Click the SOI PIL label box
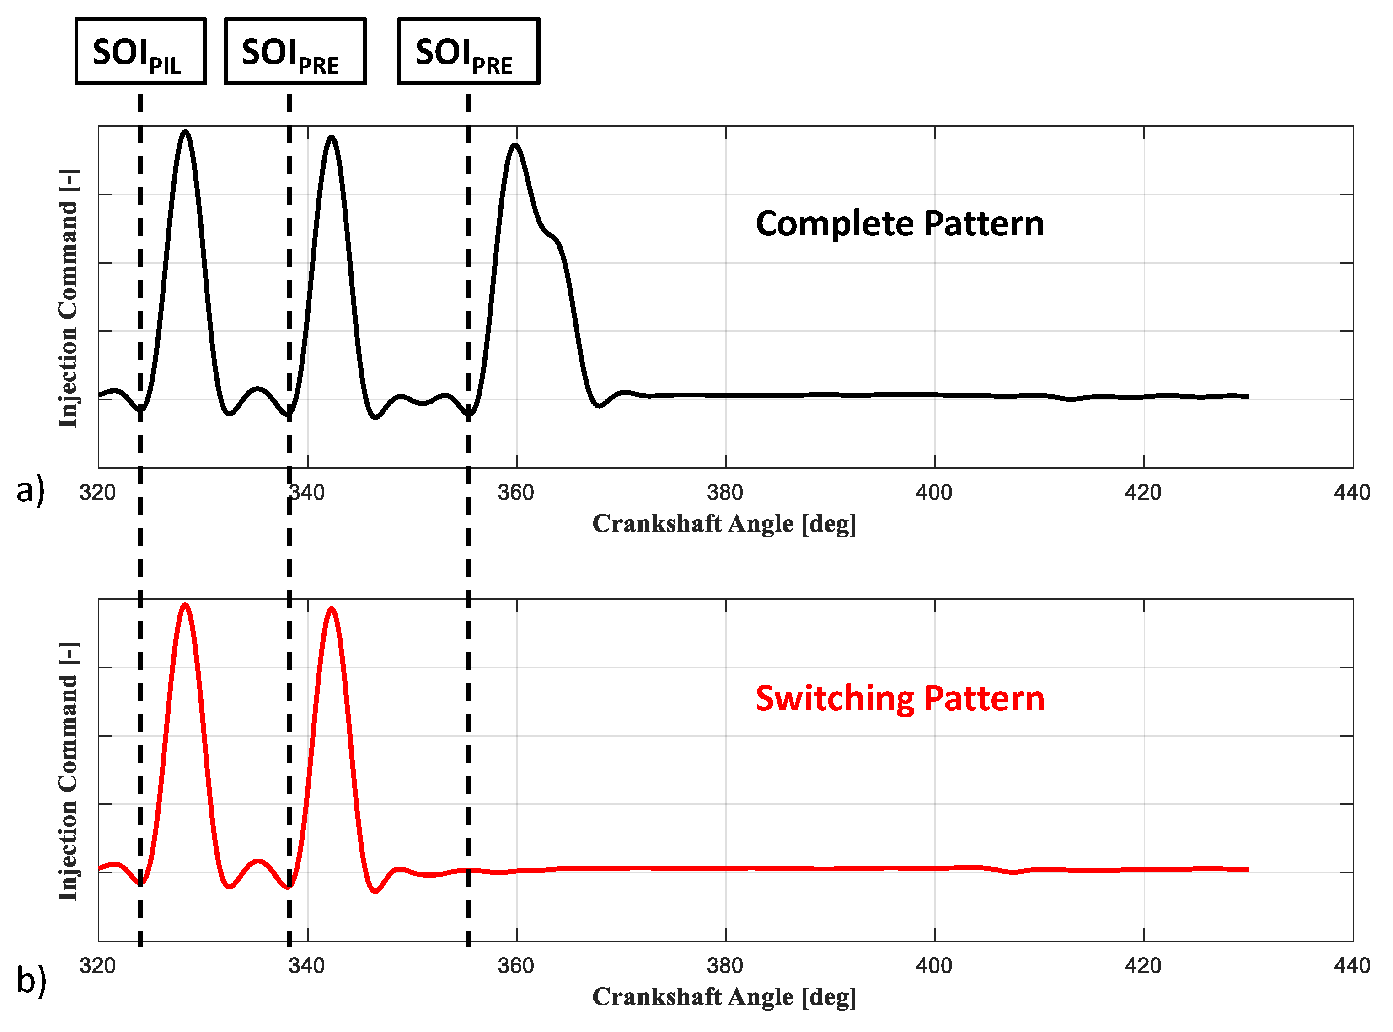(140, 52)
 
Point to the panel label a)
(31, 489)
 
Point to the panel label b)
(31, 979)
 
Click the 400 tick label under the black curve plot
(934, 493)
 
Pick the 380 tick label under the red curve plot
(725, 966)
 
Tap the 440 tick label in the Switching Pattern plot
(1352, 966)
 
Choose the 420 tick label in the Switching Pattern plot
(1143, 966)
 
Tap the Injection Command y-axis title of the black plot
(68, 298)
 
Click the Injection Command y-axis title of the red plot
(68, 771)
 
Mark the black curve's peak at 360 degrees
(515, 145)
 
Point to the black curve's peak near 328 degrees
(185, 132)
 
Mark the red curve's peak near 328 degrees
(185, 605)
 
